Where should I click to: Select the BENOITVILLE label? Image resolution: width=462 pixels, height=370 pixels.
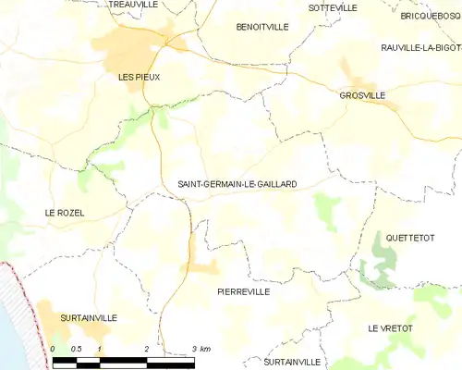pos(262,27)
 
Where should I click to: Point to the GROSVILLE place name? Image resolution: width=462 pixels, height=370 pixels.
pos(362,95)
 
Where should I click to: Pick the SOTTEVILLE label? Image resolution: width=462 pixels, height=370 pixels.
pos(333,7)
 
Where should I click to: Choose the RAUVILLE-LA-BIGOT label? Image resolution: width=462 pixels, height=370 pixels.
pos(420,47)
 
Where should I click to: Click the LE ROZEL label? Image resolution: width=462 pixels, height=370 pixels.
pos(65,213)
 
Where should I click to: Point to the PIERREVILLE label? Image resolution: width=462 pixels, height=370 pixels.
pos(243,291)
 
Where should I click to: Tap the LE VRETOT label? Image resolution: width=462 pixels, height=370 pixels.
pos(392,328)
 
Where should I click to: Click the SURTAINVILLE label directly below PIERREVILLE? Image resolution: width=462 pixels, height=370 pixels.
pos(291,361)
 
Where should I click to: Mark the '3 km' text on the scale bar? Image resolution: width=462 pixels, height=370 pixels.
pos(201,348)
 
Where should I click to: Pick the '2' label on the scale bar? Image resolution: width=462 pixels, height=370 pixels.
pos(147,348)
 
